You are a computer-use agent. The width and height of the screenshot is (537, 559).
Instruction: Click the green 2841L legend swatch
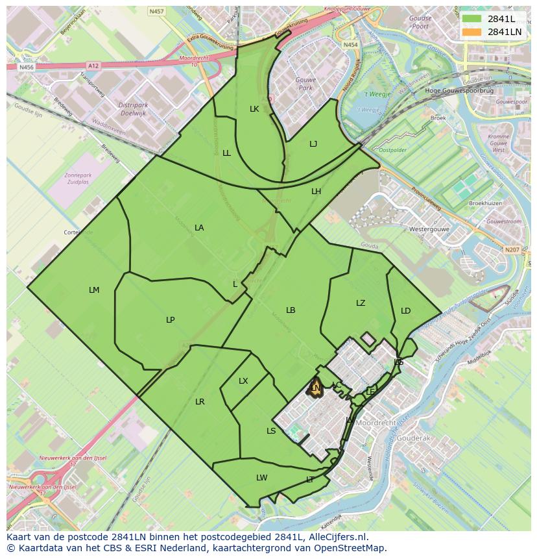pos(471,19)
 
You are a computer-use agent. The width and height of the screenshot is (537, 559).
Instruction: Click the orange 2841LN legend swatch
pos(471,32)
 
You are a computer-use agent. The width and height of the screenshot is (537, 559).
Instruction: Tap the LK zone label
pos(254,109)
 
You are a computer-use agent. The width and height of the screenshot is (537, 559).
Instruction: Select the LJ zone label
pos(313,144)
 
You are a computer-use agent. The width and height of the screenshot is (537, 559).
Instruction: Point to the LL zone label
pos(226,153)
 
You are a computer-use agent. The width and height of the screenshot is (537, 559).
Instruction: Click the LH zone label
pos(316,191)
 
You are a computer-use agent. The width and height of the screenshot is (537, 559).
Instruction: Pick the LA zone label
pos(199,228)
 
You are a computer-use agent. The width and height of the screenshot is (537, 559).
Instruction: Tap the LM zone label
pos(94,290)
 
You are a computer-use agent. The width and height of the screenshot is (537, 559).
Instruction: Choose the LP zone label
pos(170,319)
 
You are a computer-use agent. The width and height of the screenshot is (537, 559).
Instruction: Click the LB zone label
pos(291,310)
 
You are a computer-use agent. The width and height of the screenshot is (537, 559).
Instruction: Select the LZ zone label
pos(361,303)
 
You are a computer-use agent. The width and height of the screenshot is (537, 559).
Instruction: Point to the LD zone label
pos(405,311)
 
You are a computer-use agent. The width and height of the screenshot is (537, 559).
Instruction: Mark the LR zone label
pos(200,402)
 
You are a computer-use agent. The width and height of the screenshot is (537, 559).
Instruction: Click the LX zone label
pos(243,381)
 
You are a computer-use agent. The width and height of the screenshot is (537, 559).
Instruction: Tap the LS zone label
pos(271,431)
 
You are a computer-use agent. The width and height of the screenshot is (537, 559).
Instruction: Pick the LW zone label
pos(261,478)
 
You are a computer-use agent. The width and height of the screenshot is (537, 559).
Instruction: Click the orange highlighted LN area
pos(316,388)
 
